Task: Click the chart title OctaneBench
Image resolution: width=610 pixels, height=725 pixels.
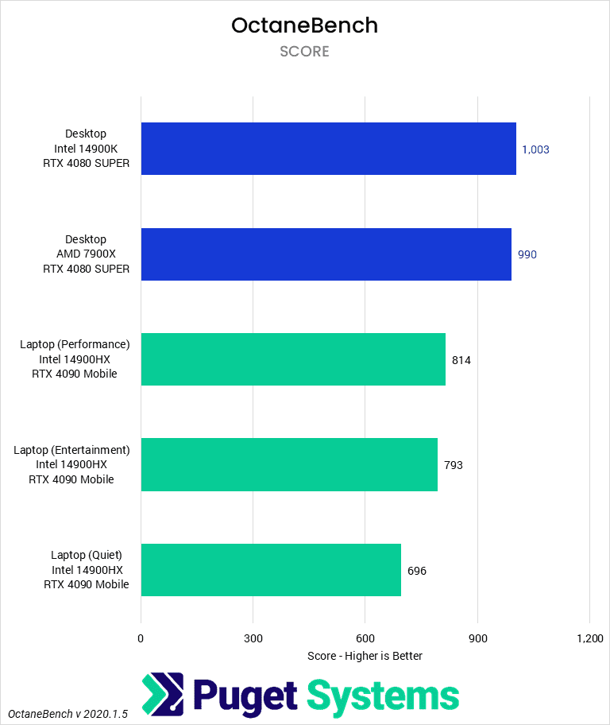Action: coord(304,25)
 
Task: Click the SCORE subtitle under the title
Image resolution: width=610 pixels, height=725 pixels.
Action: coord(304,52)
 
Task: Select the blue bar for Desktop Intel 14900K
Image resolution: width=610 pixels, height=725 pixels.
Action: coord(328,149)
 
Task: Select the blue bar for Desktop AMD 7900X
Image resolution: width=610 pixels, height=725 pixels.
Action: coord(326,254)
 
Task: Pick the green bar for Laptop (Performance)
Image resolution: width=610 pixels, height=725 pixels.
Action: coord(293,360)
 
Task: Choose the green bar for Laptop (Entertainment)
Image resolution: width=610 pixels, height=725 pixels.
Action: coord(289,465)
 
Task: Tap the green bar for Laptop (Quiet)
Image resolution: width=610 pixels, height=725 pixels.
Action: coord(271,570)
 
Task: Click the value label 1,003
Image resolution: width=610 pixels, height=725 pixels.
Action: coord(535,149)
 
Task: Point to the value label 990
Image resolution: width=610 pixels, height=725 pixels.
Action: coord(528,255)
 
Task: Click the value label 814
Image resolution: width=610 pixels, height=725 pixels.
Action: coord(461,360)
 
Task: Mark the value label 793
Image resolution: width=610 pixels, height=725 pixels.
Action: coord(454,465)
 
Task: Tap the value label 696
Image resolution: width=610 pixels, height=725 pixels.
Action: coord(417,571)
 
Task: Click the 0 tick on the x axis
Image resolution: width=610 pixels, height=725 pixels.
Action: coord(141,638)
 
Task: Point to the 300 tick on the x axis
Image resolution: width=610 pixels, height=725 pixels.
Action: coord(253,638)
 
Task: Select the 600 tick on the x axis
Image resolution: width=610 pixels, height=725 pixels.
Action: coord(365,638)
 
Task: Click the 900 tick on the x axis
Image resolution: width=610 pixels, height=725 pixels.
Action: coord(477,638)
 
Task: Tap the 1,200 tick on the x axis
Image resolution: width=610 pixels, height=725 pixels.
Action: coord(589,638)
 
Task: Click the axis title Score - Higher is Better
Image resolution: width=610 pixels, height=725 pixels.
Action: coord(365,656)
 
